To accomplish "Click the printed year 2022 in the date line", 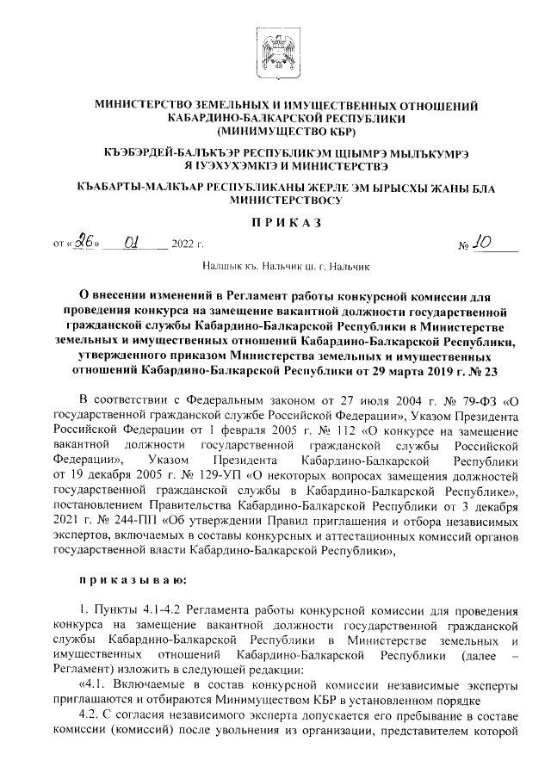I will click(183, 245).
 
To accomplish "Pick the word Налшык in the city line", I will click(223, 269).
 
